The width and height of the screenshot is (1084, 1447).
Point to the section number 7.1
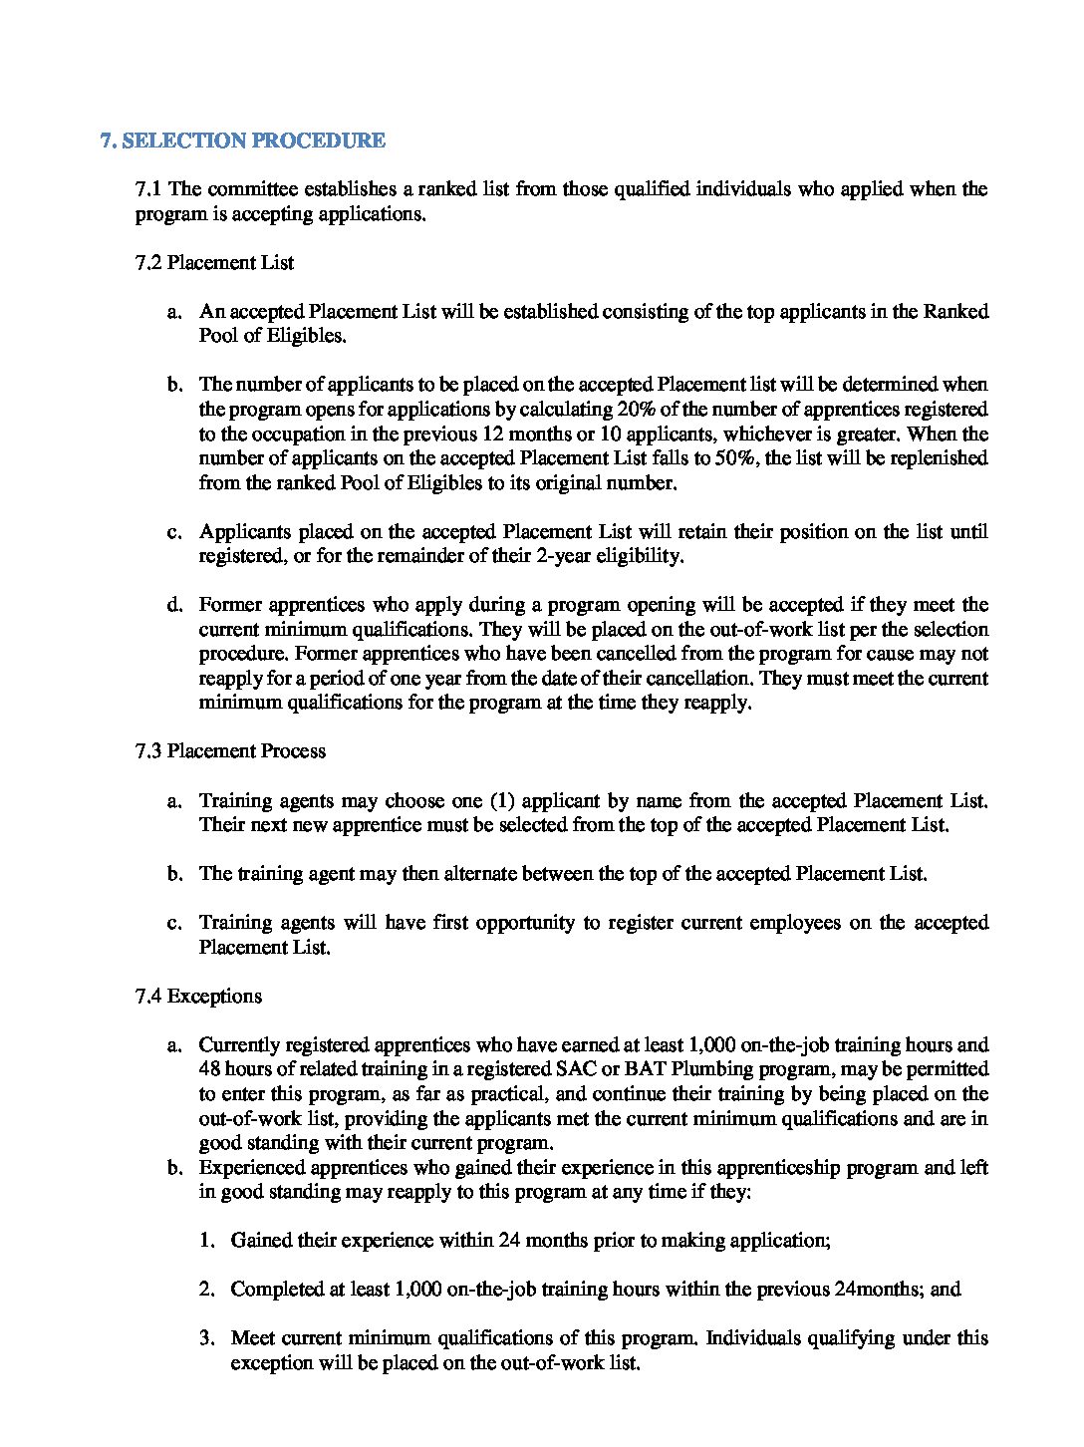[x=149, y=189]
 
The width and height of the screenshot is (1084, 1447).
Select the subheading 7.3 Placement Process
[x=230, y=751]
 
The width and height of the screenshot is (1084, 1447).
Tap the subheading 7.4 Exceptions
[x=198, y=997]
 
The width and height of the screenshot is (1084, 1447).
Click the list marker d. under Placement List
[x=175, y=605]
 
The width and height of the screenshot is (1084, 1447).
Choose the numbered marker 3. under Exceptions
[x=207, y=1338]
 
